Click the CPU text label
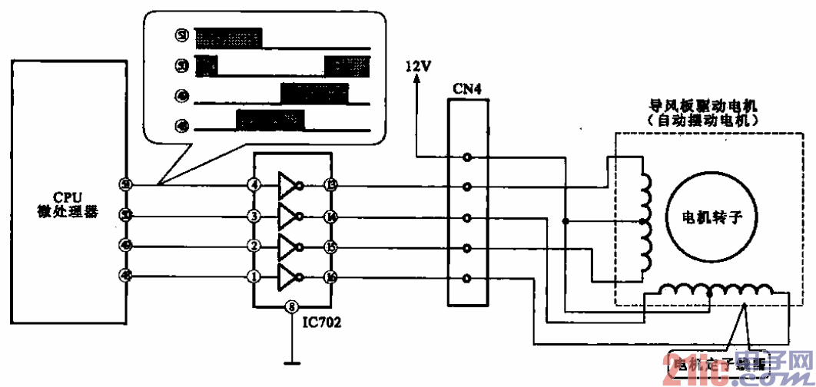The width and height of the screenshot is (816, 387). click(x=68, y=197)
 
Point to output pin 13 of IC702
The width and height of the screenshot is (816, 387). click(x=330, y=185)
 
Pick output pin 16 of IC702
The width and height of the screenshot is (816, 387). click(x=330, y=276)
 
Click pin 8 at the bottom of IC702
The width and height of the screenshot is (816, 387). click(x=291, y=307)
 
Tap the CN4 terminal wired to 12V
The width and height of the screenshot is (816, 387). click(x=466, y=157)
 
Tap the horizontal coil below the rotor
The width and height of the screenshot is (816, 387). click(x=718, y=291)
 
